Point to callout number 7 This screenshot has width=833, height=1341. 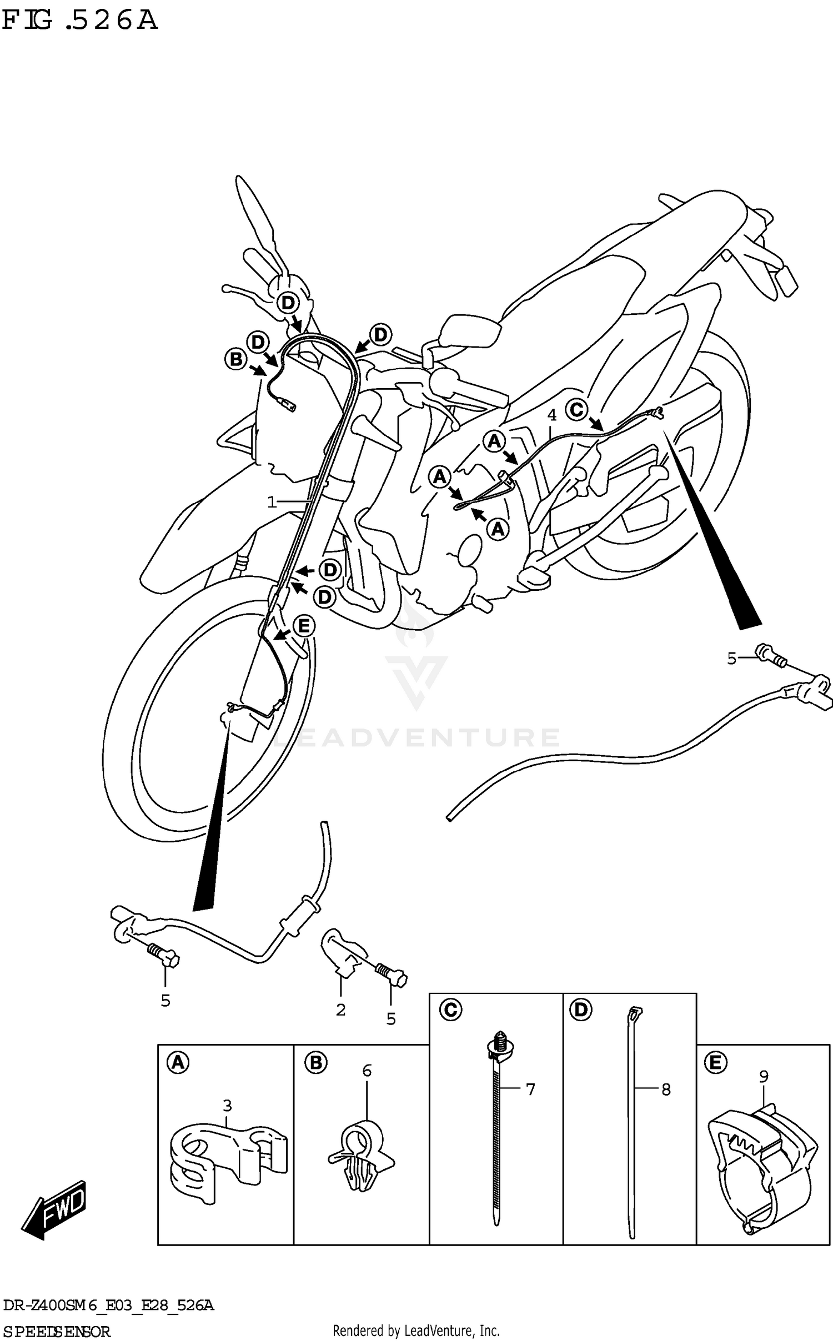click(x=530, y=1089)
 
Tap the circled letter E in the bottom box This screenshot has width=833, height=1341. click(x=715, y=1063)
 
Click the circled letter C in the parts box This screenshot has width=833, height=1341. click(x=450, y=1009)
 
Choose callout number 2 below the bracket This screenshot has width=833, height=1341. click(x=340, y=1010)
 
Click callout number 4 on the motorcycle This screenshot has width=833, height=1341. click(x=551, y=415)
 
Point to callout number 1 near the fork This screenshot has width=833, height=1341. click(x=272, y=503)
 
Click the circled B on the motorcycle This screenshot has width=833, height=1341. click(x=236, y=359)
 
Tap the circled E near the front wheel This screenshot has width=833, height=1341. click(x=303, y=626)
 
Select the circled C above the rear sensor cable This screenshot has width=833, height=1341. click(x=576, y=410)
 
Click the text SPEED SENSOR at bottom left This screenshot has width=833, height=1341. click(x=57, y=1331)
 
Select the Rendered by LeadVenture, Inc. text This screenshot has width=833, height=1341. click(x=416, y=1330)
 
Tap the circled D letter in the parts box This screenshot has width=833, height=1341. click(x=580, y=1009)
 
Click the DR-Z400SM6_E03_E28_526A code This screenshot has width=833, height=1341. click(x=108, y=1305)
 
